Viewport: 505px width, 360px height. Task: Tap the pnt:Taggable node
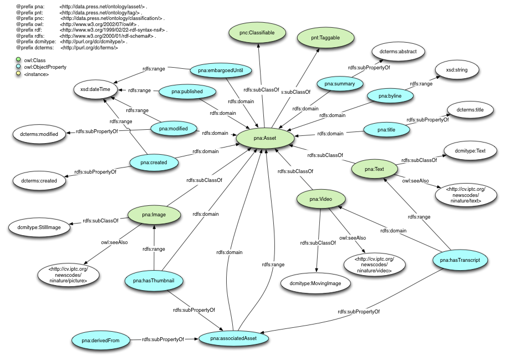coord(325,38)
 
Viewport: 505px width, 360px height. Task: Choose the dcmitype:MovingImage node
coord(315,283)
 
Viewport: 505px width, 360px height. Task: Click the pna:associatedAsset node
coord(233,337)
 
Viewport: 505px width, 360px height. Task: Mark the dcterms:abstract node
coord(398,52)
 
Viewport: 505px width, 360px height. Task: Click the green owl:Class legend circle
coord(19,59)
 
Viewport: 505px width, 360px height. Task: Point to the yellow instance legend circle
coord(19,74)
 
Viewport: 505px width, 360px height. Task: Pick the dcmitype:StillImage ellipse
coord(38,227)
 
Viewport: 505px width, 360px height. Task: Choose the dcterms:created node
coord(38,180)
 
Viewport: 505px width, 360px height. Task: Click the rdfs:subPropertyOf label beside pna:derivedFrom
coord(162,338)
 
